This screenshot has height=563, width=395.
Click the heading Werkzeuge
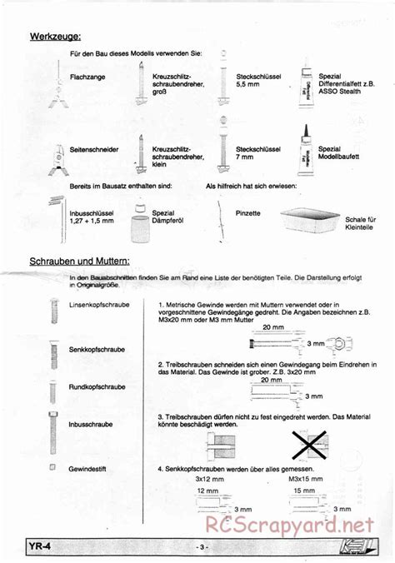[55, 36]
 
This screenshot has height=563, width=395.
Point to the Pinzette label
[248, 214]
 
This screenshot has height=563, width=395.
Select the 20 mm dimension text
[271, 329]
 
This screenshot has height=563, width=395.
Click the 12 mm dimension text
[206, 491]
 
